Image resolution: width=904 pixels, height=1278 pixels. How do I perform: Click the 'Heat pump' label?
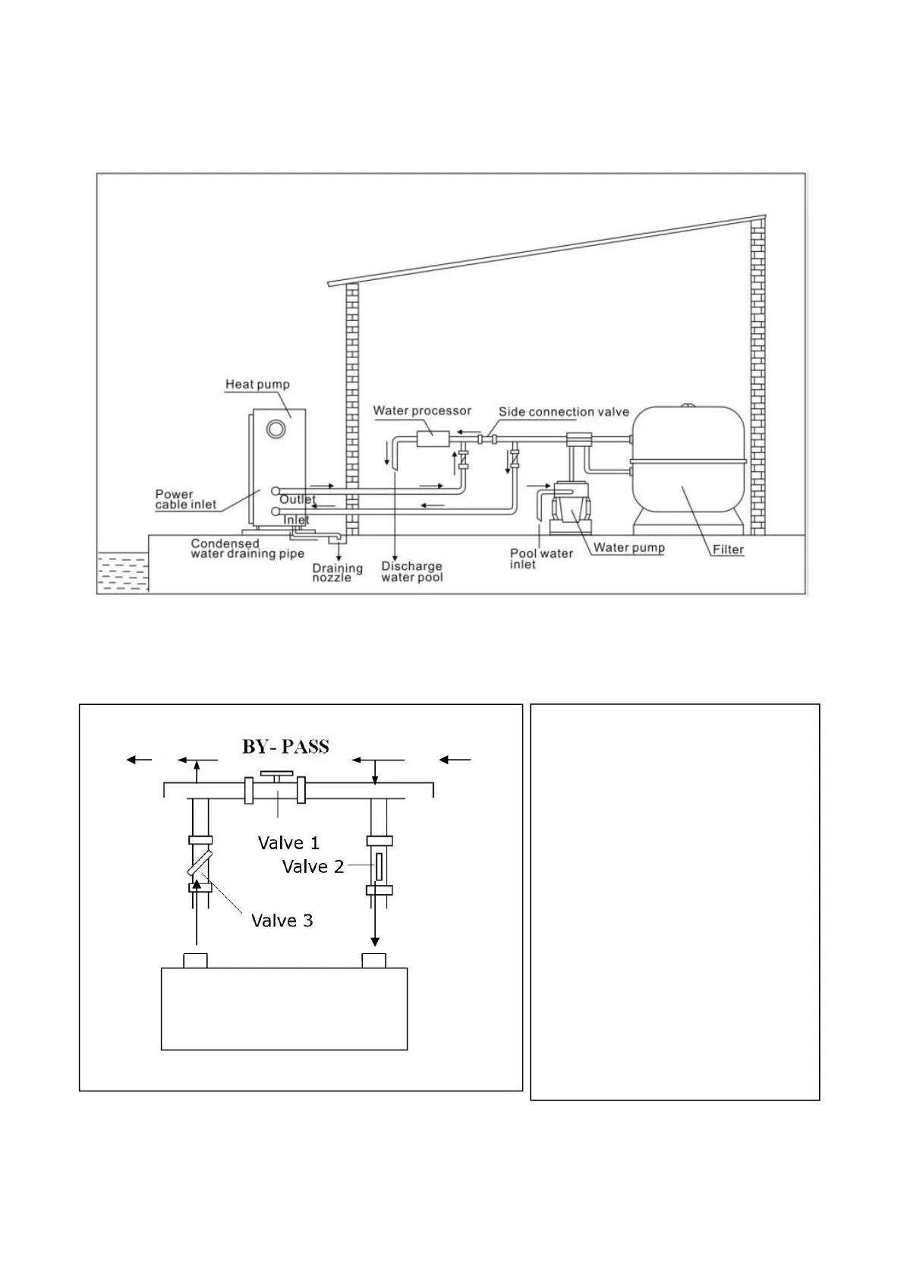click(x=257, y=384)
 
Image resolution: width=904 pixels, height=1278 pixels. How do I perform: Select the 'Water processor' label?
click(x=422, y=411)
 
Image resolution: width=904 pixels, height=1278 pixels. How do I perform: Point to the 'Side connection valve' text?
click(x=563, y=411)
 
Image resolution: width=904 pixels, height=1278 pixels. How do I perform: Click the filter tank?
click(x=688, y=463)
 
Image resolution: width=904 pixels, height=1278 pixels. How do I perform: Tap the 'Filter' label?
click(x=728, y=549)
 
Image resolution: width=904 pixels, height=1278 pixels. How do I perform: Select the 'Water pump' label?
click(x=628, y=547)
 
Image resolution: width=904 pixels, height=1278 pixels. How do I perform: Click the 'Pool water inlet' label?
click(x=540, y=559)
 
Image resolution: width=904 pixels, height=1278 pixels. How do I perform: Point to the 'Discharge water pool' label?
click(x=411, y=571)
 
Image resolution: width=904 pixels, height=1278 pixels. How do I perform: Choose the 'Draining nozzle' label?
click(x=337, y=573)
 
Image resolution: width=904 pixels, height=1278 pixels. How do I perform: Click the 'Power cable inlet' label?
click(x=186, y=499)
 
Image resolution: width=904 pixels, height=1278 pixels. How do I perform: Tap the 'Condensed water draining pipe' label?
click(x=247, y=549)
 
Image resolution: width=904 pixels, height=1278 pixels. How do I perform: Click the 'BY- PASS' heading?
click(x=285, y=747)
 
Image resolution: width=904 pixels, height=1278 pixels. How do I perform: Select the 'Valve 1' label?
click(x=288, y=842)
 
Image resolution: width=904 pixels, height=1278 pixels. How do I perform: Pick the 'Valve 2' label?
click(x=313, y=867)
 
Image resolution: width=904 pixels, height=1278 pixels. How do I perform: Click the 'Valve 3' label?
click(x=282, y=921)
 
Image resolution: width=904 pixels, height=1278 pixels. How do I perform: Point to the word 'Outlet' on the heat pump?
click(x=298, y=499)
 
